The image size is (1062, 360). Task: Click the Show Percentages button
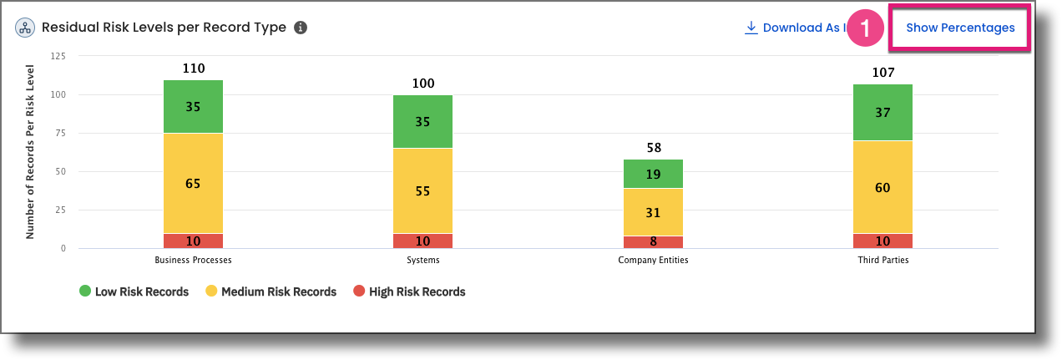960,28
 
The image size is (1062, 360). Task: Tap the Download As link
797,28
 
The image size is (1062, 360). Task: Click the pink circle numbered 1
865,28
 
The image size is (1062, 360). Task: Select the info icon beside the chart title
301,28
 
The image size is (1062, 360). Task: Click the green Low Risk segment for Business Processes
193,106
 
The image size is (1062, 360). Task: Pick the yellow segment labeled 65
193,183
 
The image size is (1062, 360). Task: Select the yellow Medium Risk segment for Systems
422,190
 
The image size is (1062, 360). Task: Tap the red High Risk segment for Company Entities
653,242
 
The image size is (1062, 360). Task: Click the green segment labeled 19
653,174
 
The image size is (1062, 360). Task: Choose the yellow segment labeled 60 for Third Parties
882,187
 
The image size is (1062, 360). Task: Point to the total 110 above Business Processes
193,68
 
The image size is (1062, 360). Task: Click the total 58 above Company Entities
653,148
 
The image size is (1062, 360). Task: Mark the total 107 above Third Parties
882,73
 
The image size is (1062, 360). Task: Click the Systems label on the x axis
422,260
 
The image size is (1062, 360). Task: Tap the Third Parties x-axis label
882,260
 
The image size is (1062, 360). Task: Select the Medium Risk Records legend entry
278,292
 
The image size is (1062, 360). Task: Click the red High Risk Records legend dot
359,292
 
